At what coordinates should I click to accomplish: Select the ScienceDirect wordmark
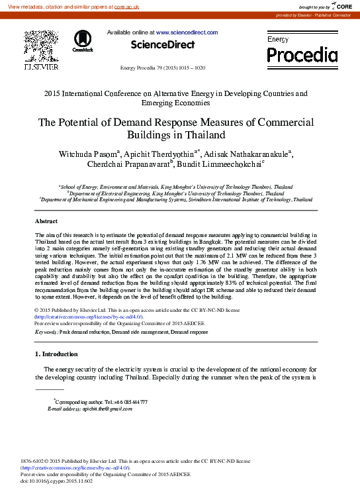[163, 44]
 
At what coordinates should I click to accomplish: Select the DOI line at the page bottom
[57, 481]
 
